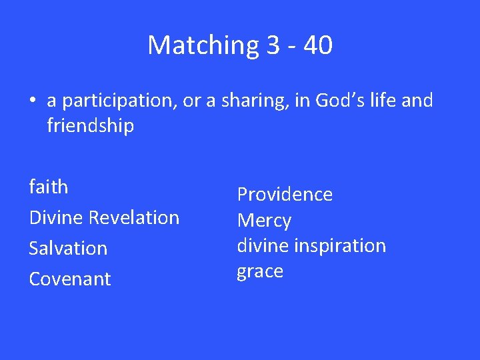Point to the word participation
[x=118, y=101]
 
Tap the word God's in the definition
[x=337, y=101]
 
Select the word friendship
[x=90, y=125]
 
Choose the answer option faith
[x=49, y=187]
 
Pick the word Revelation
[x=134, y=217]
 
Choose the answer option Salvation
[x=68, y=248]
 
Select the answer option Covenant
[x=70, y=279]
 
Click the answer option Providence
[x=285, y=194]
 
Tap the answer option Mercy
[x=264, y=221]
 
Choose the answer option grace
[x=260, y=271]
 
